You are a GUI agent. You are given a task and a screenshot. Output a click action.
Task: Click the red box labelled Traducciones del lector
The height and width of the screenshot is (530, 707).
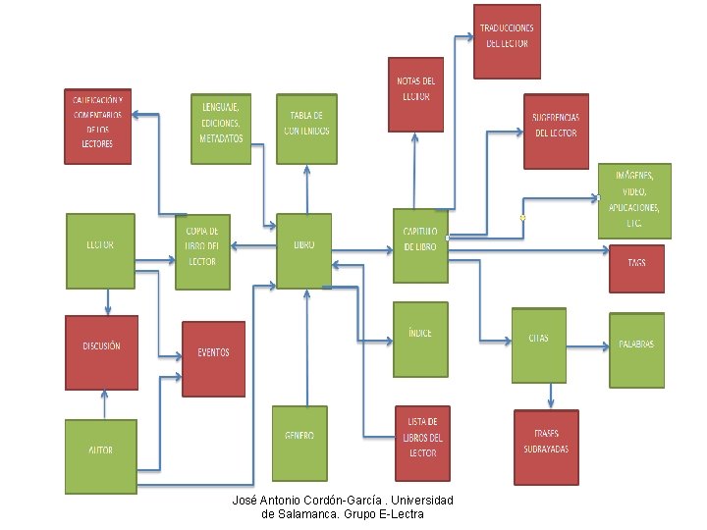tap(507, 38)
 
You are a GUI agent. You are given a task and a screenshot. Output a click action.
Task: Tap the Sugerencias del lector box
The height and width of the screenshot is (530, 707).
tap(556, 127)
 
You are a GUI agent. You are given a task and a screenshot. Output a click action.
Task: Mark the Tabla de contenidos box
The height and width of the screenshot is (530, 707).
tap(306, 125)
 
